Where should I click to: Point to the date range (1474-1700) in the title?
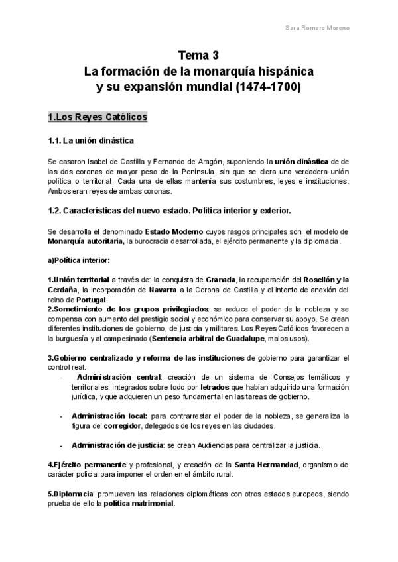pos(266,86)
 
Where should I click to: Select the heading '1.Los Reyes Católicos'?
pos(98,117)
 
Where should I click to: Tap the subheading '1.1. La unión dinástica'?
pos(91,140)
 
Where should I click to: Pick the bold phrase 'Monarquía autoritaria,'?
pos(86,241)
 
